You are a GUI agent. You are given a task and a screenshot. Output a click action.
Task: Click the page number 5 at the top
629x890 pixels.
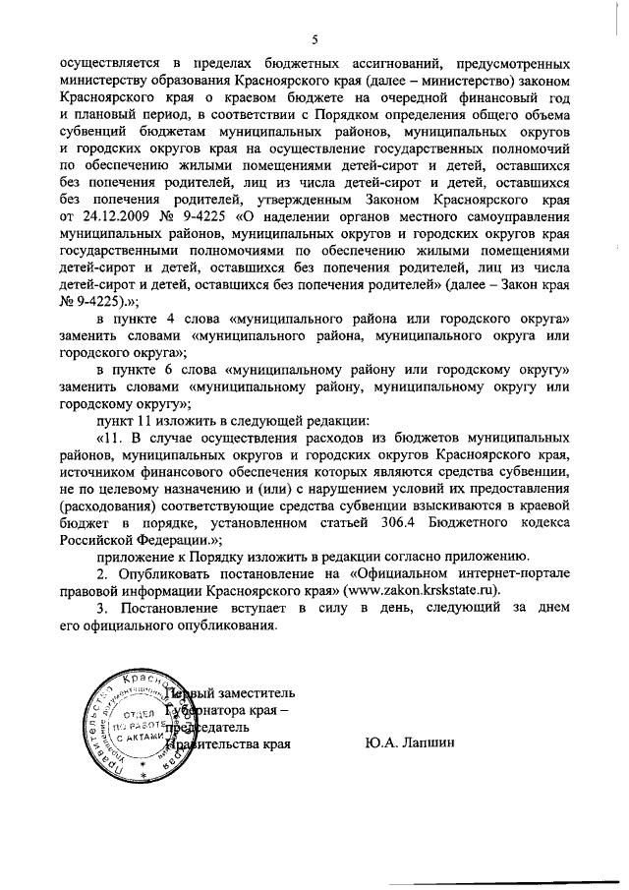point(315,38)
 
